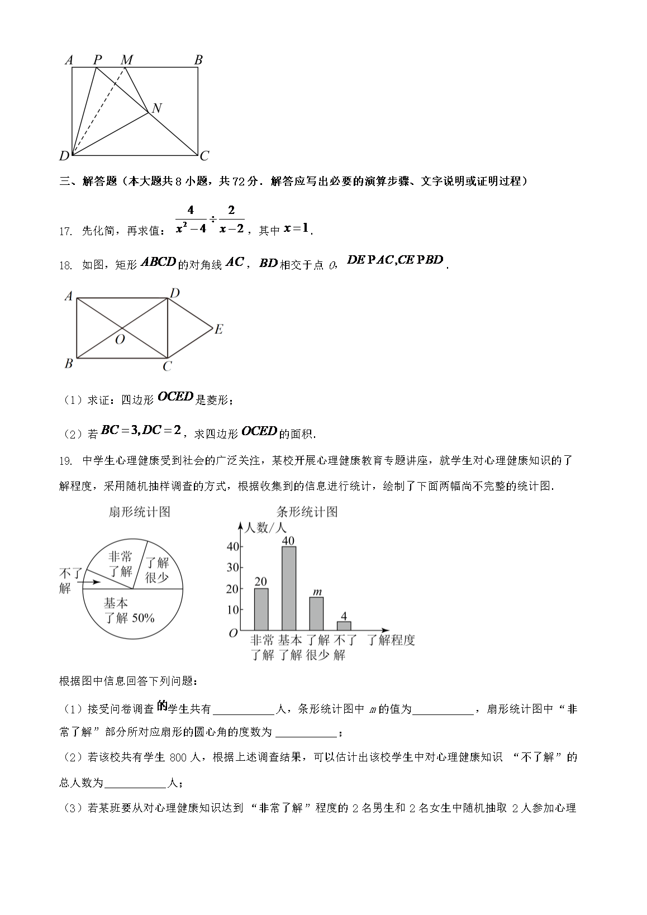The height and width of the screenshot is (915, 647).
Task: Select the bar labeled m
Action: [316, 613]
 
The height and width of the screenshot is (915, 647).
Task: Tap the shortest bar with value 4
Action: [344, 626]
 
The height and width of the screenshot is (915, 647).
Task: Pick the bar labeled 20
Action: [261, 609]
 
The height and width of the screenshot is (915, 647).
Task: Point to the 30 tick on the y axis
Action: [232, 568]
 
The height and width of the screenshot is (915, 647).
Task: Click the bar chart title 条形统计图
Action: [307, 512]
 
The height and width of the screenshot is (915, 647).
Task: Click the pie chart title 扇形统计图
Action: [139, 512]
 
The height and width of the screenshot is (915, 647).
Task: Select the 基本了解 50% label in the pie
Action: [129, 611]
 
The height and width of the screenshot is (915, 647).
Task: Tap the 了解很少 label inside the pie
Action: [157, 570]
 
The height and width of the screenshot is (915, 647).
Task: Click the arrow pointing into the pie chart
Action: [92, 582]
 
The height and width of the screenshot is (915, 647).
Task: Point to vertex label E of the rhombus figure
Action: [218, 330]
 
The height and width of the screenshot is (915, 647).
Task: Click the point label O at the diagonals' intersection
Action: [120, 339]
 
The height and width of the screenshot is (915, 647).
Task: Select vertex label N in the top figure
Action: [156, 108]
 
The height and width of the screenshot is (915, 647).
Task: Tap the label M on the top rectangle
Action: [127, 60]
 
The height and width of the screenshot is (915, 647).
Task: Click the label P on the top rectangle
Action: [97, 60]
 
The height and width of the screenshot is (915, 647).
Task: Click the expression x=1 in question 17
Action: [296, 228]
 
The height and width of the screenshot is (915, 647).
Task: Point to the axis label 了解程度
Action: [391, 640]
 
